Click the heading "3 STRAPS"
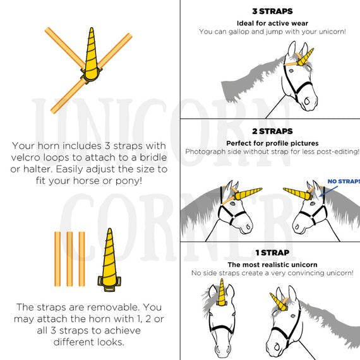tap(272, 11)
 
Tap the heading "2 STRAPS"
tap(272, 131)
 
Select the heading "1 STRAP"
tap(272, 253)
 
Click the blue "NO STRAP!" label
tap(344, 181)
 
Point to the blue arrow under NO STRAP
tap(329, 191)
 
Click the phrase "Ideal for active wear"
tap(272, 23)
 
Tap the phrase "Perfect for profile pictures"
tap(272, 143)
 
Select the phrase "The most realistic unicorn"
tap(272, 265)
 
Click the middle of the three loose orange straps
tap(69, 259)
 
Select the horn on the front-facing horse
tap(221, 292)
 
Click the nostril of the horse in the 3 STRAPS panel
tap(307, 101)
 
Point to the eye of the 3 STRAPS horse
tap(291, 71)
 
